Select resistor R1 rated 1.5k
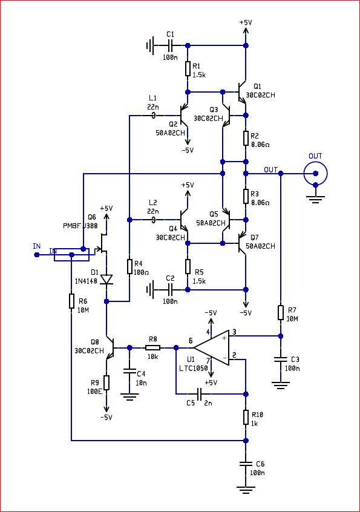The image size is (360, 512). (x=188, y=69)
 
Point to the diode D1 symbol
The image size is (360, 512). (x=106, y=280)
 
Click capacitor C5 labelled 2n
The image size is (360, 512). (x=200, y=394)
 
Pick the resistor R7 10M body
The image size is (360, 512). (x=280, y=312)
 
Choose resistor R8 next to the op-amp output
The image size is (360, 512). (x=152, y=347)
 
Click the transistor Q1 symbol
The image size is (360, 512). (x=241, y=92)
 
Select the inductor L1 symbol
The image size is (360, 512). (x=152, y=115)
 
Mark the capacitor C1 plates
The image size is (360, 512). (x=170, y=45)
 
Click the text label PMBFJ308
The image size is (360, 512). (x=80, y=226)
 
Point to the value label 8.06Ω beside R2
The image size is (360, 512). (x=260, y=144)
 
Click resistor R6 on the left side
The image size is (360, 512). (x=71, y=301)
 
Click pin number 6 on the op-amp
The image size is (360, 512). (x=191, y=341)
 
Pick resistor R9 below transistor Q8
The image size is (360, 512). (x=106, y=382)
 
